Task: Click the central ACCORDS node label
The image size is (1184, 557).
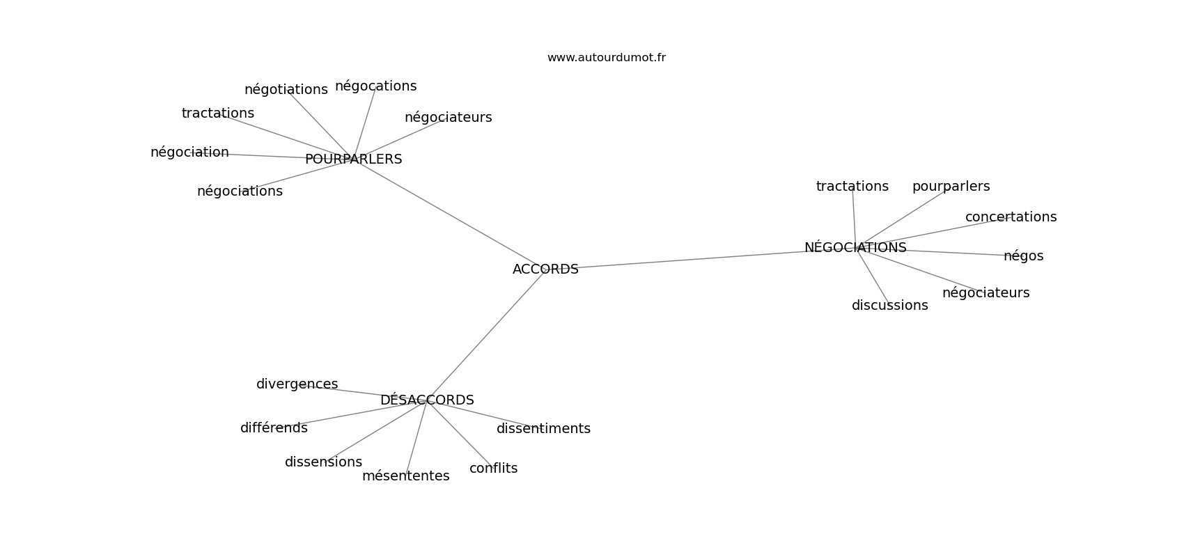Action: (545, 269)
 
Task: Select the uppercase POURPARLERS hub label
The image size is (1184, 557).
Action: (354, 159)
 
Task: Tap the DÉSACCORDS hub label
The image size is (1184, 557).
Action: (427, 400)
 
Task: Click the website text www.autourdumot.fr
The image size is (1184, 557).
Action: (606, 58)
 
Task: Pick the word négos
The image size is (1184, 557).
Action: (1023, 256)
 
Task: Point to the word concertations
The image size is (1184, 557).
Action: (1011, 217)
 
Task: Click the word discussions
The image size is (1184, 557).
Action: (889, 306)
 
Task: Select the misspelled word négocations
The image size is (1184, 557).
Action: (376, 86)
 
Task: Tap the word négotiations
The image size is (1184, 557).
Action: (286, 90)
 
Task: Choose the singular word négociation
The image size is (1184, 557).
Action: (189, 152)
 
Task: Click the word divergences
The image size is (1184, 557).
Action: (297, 384)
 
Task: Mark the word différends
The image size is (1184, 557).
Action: (274, 428)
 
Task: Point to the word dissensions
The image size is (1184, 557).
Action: (323, 462)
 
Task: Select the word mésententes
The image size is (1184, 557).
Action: (406, 476)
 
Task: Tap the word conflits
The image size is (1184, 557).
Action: (494, 468)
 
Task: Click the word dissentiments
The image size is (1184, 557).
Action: (543, 429)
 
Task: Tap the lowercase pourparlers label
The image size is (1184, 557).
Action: (951, 187)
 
